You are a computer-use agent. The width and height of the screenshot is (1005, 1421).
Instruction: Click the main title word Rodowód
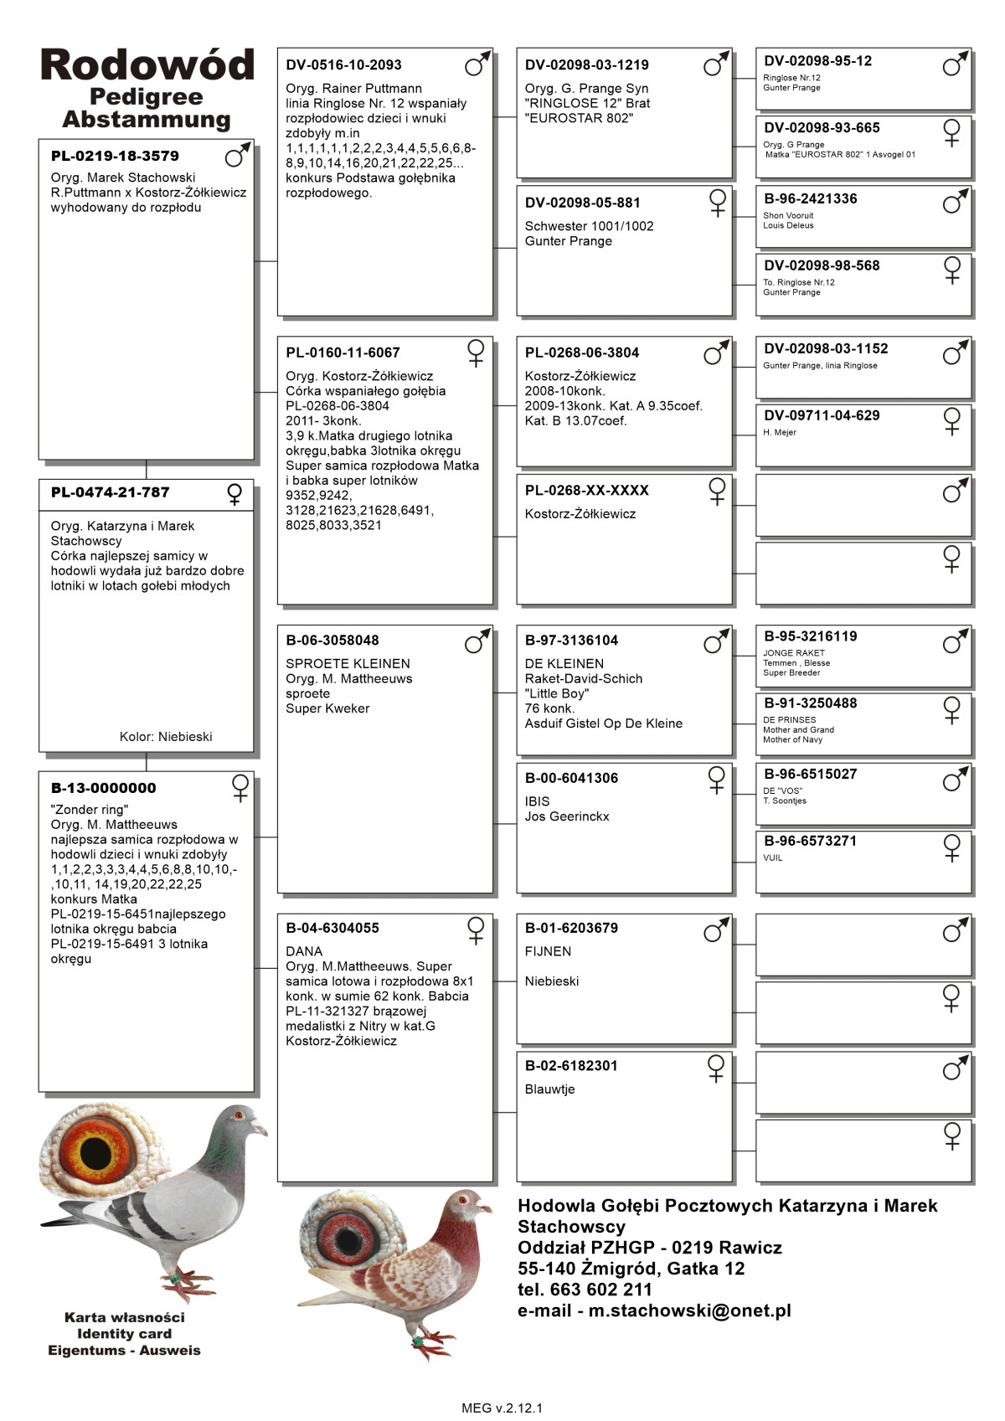147,65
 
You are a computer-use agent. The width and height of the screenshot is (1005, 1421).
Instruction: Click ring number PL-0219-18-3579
115,156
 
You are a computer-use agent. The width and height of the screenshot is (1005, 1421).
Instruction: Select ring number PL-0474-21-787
110,492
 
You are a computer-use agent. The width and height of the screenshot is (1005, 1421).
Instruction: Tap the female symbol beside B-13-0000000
240,788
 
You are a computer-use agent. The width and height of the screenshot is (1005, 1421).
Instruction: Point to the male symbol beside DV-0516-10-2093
477,64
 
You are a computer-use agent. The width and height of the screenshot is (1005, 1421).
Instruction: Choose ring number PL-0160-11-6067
343,353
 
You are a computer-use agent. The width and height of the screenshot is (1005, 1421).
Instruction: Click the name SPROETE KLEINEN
348,664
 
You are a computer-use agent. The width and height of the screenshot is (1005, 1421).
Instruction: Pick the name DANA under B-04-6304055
304,951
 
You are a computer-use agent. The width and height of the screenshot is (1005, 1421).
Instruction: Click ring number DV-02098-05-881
582,203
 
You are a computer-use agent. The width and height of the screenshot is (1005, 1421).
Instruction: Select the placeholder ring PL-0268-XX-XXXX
586,491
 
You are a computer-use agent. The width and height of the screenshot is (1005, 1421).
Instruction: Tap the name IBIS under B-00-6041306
537,801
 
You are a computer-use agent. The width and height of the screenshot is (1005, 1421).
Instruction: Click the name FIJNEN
548,951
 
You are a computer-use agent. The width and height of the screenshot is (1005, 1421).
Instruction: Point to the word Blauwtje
549,1089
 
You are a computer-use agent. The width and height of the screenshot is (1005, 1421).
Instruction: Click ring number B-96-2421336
810,199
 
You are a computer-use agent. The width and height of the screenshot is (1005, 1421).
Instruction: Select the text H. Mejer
779,433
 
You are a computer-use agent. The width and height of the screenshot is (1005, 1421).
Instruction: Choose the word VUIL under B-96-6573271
772,858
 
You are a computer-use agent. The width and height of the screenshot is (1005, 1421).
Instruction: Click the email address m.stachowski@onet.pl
689,1310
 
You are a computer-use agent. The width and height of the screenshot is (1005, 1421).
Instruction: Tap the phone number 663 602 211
600,1290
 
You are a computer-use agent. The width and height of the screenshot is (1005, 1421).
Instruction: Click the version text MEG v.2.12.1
502,1408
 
